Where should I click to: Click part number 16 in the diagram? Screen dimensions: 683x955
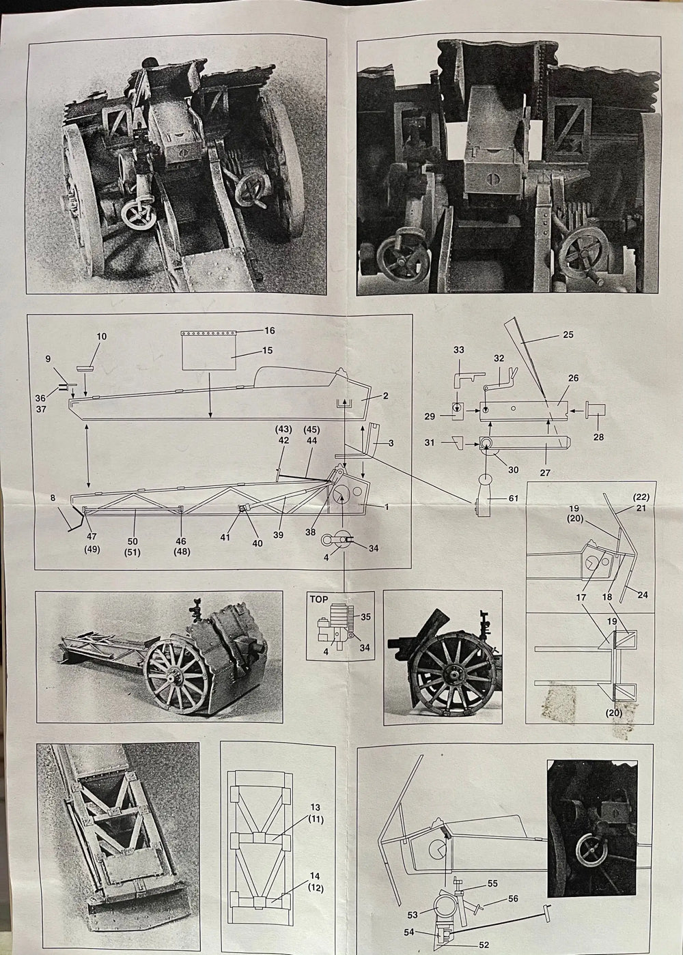point(270,330)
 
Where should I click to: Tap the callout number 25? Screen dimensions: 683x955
point(568,334)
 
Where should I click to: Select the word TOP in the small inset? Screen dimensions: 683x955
point(319,599)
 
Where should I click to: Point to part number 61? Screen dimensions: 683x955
point(513,498)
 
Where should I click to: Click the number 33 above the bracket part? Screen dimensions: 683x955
point(458,350)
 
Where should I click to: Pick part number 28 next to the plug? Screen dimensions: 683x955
point(598,437)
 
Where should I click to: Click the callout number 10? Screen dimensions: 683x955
point(102,337)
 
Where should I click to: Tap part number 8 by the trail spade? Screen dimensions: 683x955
point(53,498)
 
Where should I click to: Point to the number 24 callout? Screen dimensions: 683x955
point(642,595)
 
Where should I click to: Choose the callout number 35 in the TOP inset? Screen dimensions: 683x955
point(365,617)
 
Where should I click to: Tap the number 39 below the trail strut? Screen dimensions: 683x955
point(278,534)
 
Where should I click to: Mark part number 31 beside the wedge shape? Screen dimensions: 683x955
point(430,442)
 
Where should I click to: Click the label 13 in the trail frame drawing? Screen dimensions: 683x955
point(316,808)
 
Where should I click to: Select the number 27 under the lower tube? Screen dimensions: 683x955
point(545,472)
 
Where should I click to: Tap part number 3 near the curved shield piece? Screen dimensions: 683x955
point(391,444)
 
